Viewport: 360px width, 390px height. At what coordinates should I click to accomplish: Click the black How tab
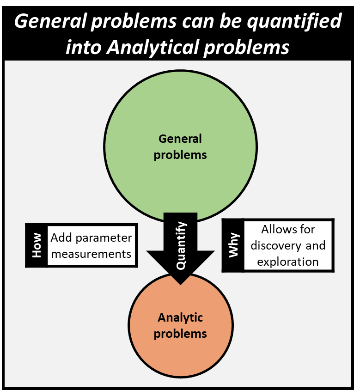click(x=36, y=245)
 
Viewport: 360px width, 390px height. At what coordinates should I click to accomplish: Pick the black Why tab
click(x=233, y=245)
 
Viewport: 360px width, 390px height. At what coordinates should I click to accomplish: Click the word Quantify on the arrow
click(x=182, y=246)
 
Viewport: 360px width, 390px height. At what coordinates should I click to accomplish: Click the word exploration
click(x=288, y=262)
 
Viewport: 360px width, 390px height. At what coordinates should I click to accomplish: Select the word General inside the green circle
click(x=180, y=139)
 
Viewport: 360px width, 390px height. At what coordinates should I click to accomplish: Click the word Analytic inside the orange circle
click(x=180, y=317)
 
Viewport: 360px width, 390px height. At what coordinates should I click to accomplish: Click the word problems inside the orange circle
click(x=180, y=333)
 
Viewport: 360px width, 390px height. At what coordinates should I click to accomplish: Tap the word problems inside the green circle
click(x=180, y=155)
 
